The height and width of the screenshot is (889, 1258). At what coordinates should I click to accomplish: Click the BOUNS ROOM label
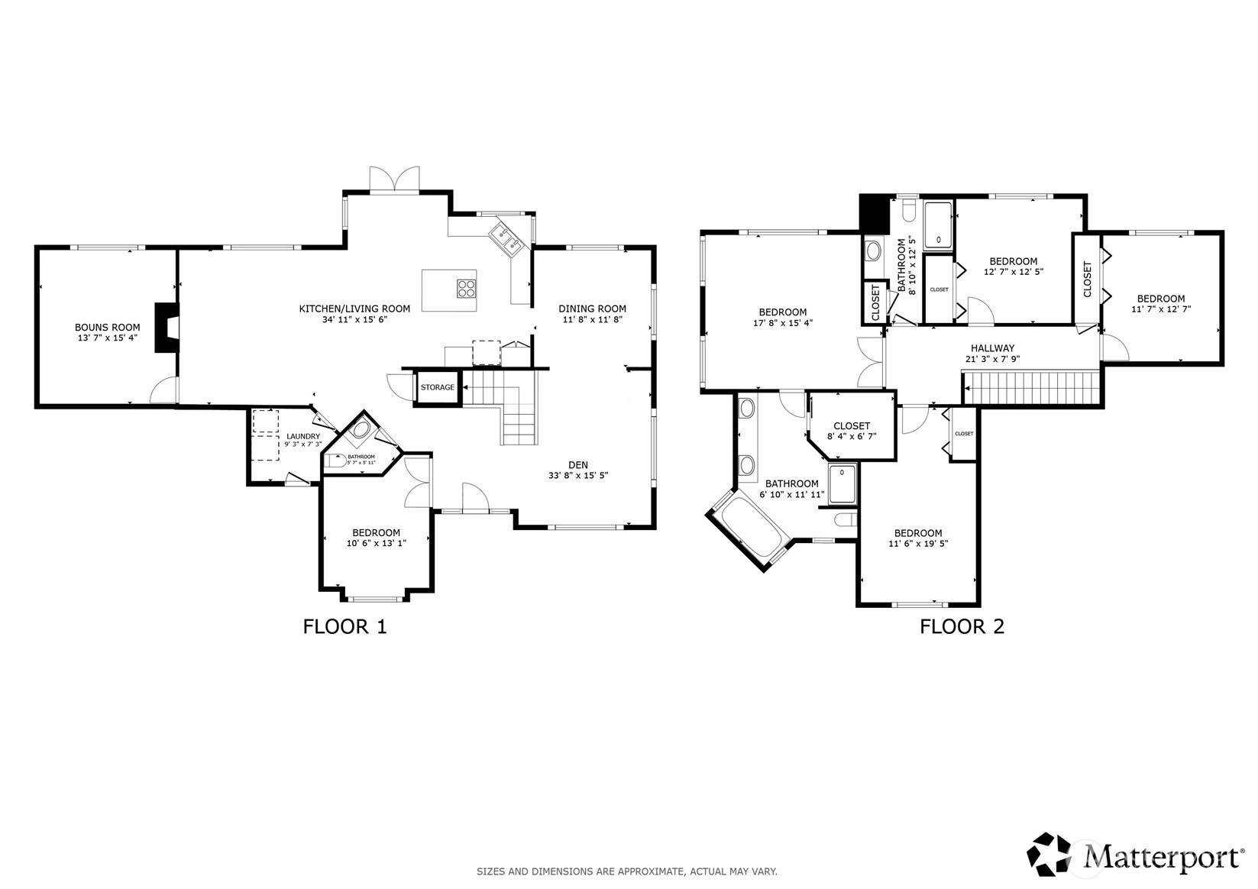[107, 328]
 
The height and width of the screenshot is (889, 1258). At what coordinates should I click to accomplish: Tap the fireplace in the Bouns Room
[167, 328]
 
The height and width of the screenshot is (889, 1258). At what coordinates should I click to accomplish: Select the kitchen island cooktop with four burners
[466, 289]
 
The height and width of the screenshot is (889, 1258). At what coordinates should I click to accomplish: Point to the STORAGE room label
[438, 387]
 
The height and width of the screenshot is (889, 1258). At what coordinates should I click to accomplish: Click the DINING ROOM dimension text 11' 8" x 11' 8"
[592, 320]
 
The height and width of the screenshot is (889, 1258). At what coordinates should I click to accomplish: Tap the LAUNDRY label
[302, 436]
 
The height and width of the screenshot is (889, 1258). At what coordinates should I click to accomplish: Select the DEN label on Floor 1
[578, 465]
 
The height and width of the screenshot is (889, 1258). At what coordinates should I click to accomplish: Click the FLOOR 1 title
[344, 627]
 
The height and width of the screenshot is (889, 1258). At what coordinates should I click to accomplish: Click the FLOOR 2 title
[962, 627]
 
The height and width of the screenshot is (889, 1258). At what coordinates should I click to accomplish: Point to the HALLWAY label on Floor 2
[992, 348]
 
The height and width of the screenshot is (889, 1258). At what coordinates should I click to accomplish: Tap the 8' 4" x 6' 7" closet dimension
[852, 436]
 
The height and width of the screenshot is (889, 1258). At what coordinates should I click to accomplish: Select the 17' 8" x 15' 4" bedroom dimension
[783, 323]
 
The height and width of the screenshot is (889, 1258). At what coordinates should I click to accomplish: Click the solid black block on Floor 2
[875, 213]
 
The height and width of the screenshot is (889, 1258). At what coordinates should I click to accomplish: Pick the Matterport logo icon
[1049, 854]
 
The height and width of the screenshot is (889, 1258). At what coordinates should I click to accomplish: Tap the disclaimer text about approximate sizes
[627, 871]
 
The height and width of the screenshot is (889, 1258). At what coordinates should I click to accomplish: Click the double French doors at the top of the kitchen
[394, 179]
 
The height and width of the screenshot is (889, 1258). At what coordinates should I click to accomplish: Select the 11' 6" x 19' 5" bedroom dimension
[918, 544]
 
